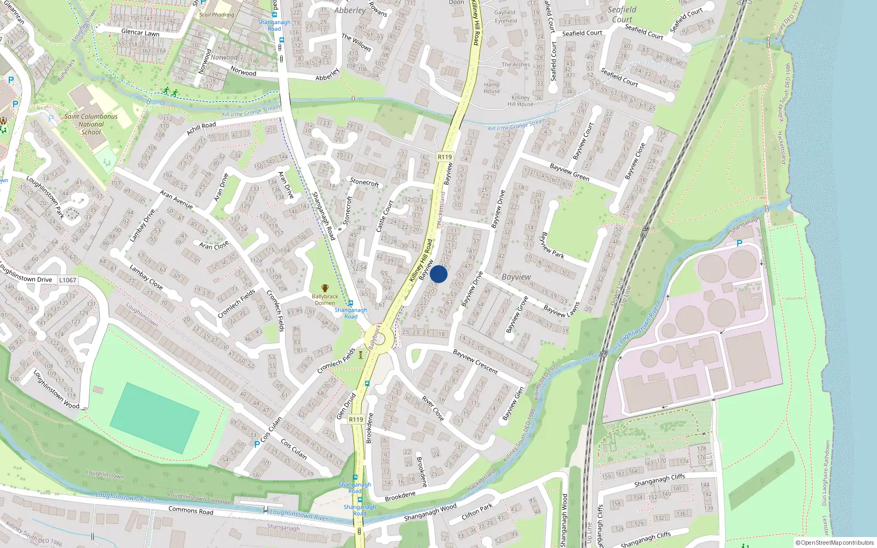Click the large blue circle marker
pyautogui.click(x=438, y=274)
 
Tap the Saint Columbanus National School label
pyautogui.click(x=91, y=124)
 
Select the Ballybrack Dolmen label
pyautogui.click(x=325, y=299)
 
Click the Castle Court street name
pyautogui.click(x=385, y=216)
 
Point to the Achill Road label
pyautogui.click(x=201, y=128)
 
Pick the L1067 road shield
pyautogui.click(x=67, y=280)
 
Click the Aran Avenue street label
pyautogui.click(x=176, y=199)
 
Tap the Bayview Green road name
pyautogui.click(x=570, y=172)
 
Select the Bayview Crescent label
pyautogui.click(x=475, y=362)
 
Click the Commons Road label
pyautogui.click(x=191, y=511)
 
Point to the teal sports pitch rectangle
pyautogui.click(x=155, y=418)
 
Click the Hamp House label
pyautogui.click(x=492, y=88)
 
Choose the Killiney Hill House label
pyautogui.click(x=520, y=101)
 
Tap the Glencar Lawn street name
pyautogui.click(x=140, y=33)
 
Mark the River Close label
pyautogui.click(x=433, y=408)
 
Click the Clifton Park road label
pyautogui.click(x=478, y=511)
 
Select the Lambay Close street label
pyautogui.click(x=146, y=277)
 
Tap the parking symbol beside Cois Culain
pyautogui.click(x=257, y=444)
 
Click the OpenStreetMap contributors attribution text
pyautogui.click(x=835, y=543)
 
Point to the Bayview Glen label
pyautogui.click(x=514, y=404)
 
